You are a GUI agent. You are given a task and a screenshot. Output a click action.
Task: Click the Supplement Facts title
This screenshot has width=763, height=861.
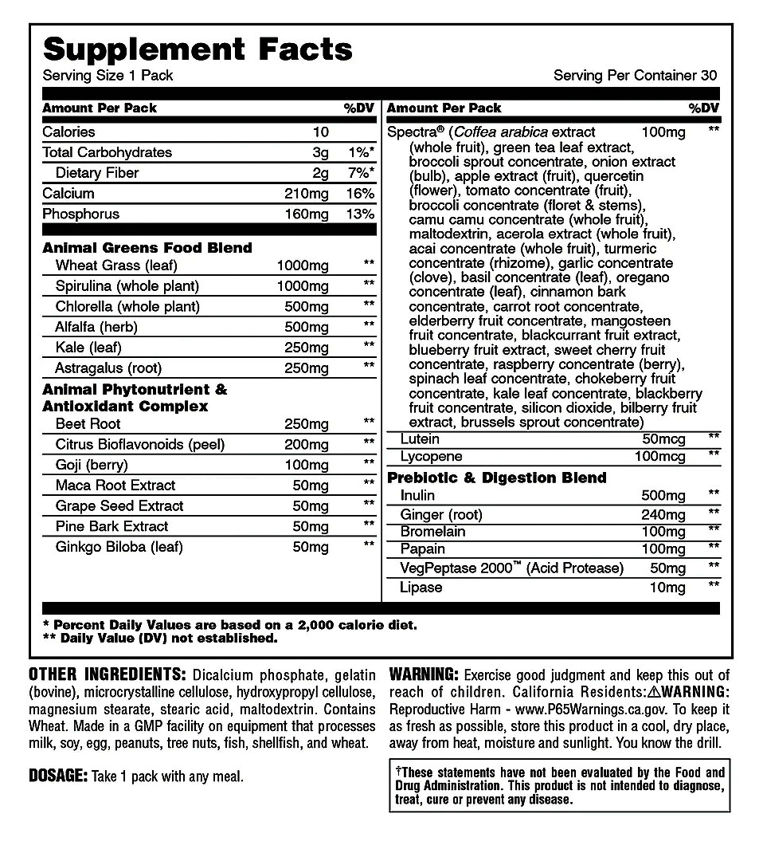tap(198, 49)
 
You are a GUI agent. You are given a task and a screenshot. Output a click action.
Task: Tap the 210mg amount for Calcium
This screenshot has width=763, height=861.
tap(307, 194)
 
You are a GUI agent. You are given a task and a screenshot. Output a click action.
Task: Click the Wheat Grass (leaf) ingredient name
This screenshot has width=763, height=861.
tap(116, 265)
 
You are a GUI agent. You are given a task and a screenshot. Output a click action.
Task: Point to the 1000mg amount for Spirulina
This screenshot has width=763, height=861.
tap(303, 286)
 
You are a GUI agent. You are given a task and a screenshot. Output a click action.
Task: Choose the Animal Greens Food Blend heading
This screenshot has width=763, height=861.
tap(147, 248)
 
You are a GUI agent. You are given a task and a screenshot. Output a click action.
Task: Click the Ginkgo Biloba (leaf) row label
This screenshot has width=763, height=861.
tap(119, 547)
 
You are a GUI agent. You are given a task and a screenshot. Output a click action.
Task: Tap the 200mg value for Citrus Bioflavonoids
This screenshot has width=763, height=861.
tap(307, 444)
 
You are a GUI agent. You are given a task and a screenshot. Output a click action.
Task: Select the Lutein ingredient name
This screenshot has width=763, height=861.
tap(421, 439)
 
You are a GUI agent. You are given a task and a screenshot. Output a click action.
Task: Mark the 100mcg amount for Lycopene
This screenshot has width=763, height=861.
tap(659, 457)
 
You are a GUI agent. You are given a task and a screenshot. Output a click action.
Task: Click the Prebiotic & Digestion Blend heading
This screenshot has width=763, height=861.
tap(497, 478)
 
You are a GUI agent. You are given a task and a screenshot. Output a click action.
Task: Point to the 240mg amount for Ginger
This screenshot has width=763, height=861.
tap(663, 514)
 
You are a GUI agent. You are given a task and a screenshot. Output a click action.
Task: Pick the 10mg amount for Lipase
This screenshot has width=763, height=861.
tap(667, 588)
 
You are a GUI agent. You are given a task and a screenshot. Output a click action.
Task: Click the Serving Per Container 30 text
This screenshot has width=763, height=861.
tap(635, 76)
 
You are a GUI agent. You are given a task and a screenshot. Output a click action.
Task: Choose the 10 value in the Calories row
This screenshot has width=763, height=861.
tap(320, 132)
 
